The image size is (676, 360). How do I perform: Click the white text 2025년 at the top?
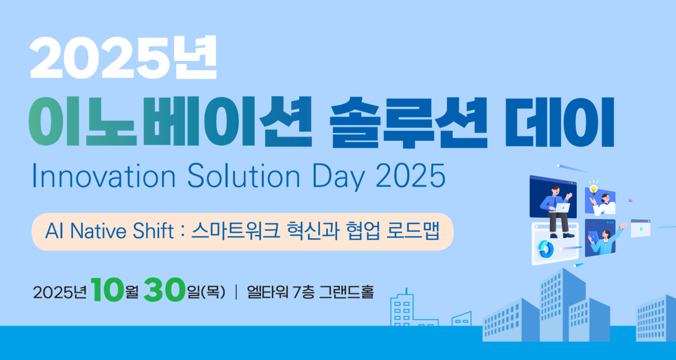coord(123,58)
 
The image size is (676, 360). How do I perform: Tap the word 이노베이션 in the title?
coord(170,122)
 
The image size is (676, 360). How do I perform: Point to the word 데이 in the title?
coord(560,122)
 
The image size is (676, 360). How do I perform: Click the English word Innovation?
coord(104,176)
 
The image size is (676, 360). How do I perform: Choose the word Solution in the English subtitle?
coord(243,176)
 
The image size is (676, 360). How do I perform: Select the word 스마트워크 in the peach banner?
coord(236,231)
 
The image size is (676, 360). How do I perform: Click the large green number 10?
coord(107,289)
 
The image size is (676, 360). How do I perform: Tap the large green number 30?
coord(164,289)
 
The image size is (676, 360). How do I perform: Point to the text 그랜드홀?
coord(346,292)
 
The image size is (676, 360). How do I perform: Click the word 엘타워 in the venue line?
coord(268,292)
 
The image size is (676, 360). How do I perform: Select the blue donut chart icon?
coord(546,249)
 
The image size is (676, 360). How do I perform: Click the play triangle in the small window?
coord(641,229)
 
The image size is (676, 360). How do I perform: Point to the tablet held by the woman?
coord(593,236)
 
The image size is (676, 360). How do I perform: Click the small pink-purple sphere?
coord(630,200)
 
